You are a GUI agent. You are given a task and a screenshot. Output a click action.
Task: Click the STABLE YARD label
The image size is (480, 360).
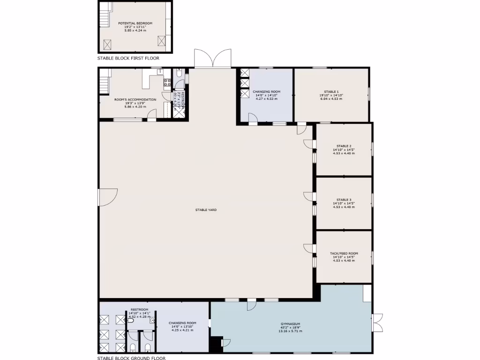(206, 210)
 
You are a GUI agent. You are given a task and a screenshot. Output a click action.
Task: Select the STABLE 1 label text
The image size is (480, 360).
(331, 91)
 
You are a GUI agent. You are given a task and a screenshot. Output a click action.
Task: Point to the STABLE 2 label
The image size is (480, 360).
(344, 146)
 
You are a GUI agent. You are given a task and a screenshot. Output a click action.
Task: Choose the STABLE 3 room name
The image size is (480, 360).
(344, 200)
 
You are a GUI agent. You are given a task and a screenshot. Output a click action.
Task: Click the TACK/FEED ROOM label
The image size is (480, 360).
(344, 253)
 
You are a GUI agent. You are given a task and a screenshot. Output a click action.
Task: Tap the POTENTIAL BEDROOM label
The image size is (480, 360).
(135, 23)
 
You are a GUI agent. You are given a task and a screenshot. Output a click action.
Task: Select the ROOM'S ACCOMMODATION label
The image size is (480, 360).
(135, 99)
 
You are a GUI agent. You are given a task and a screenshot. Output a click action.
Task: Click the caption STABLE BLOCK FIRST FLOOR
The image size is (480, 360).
(128, 59)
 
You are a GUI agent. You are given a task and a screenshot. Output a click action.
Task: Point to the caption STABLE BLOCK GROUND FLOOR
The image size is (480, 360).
(131, 358)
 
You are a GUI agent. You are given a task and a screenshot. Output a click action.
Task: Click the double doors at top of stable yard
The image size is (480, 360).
(213, 60)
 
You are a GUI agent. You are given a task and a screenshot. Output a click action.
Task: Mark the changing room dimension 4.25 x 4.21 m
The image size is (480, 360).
(182, 330)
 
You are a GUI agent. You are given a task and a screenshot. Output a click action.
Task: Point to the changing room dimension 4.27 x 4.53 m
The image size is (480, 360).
(266, 99)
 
